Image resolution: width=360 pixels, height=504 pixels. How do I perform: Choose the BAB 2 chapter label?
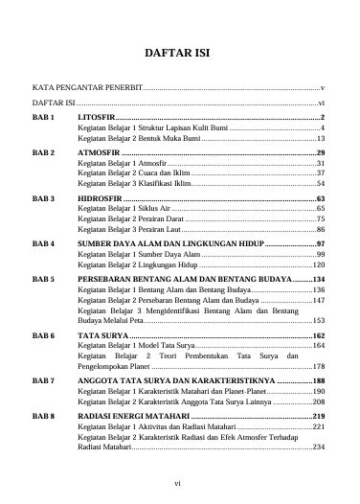click(x=45, y=152)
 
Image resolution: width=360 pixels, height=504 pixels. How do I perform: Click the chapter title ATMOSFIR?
click(x=100, y=152)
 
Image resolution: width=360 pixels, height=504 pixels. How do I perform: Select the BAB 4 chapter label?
click(x=45, y=244)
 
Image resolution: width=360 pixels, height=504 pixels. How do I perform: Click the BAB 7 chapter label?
click(x=45, y=381)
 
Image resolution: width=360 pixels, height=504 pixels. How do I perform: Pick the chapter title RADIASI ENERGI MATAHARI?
click(x=134, y=418)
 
